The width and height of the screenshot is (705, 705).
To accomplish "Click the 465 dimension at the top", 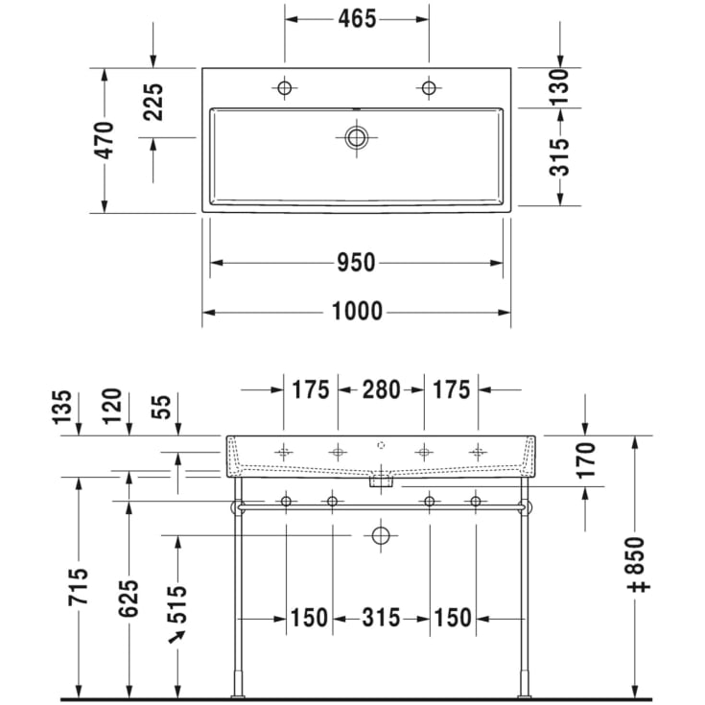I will coord(356,18).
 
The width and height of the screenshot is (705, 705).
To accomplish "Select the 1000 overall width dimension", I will coord(356,312).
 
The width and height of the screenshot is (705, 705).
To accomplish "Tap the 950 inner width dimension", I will coord(356,262).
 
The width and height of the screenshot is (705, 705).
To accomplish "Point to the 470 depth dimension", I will coord(105,139).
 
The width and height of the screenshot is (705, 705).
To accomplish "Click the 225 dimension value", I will coord(153,102).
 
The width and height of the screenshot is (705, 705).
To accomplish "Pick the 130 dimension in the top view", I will coord(560,86).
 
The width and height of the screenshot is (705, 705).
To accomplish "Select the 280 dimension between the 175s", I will coord(381,389).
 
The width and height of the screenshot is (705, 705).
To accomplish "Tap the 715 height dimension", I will coord(79,587).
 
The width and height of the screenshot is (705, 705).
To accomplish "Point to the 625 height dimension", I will coord(129,598).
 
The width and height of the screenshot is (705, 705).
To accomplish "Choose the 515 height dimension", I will coord(178,604).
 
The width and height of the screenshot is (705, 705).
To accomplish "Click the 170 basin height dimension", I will coord(585,460).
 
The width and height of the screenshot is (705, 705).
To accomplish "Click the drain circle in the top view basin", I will coord(357,137).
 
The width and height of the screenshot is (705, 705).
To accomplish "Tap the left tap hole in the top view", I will coord(284,88).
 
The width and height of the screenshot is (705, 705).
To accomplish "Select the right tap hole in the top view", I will coord(428,88).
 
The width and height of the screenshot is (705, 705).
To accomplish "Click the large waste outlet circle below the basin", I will coord(382,535).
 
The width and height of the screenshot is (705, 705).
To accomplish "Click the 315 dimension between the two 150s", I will coord(381,619).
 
